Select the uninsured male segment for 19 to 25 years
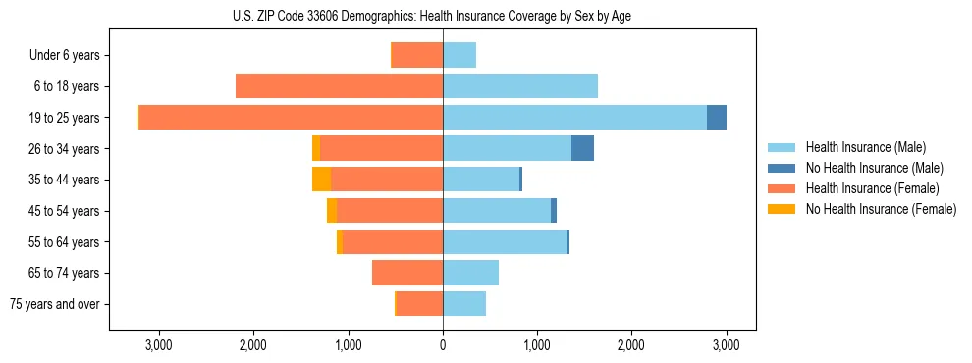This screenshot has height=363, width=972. [717, 117]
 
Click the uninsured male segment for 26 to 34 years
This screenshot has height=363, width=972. [582, 148]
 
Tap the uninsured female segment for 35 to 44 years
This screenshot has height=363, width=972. [321, 179]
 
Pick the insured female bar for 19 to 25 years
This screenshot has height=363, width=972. [291, 117]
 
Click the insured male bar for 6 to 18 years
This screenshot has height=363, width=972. [520, 86]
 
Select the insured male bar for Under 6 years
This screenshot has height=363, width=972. [459, 55]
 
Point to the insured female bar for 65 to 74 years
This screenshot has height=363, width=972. [407, 273]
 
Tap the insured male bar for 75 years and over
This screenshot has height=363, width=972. [464, 303]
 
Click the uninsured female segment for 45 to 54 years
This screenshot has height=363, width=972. [332, 210]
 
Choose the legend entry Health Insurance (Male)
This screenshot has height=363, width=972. [865, 147]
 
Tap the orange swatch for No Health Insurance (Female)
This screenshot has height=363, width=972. [782, 209]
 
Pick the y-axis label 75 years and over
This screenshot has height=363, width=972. [54, 304]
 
